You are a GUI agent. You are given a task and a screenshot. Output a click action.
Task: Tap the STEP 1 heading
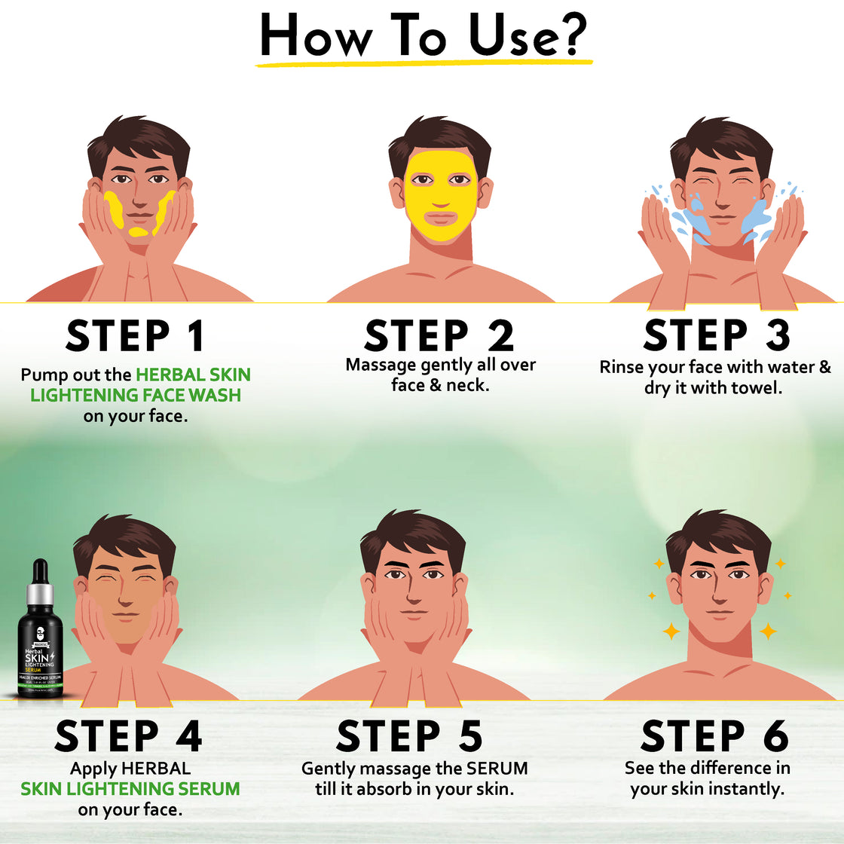click(x=135, y=336)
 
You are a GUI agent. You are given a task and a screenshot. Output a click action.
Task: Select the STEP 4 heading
click(x=128, y=736)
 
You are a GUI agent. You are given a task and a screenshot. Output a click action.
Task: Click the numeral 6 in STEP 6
click(x=775, y=736)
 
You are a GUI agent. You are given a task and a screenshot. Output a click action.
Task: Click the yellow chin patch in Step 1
click(x=138, y=231)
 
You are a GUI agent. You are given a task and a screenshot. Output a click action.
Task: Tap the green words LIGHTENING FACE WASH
click(x=136, y=395)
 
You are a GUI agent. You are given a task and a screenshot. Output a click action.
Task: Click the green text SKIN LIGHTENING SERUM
click(x=130, y=789)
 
